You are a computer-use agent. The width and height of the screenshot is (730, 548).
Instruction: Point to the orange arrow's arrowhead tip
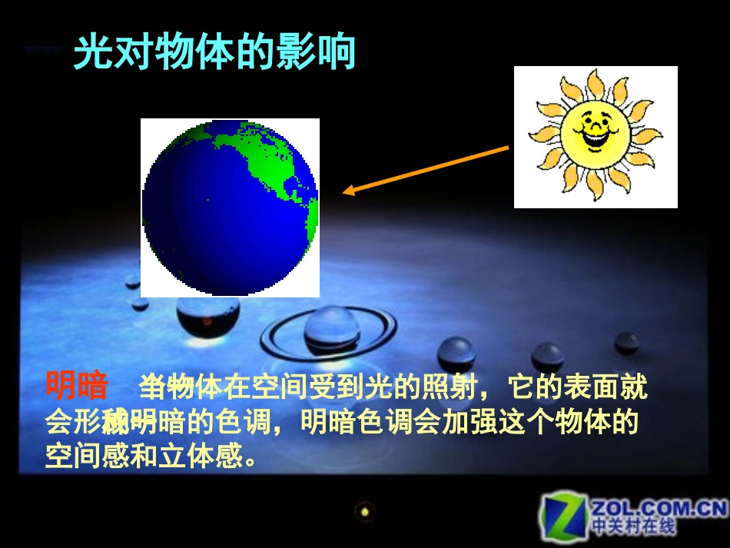click(343, 193)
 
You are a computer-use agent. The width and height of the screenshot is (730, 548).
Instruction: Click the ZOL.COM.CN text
click(658, 508)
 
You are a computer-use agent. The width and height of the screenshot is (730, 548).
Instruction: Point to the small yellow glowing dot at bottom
click(365, 510)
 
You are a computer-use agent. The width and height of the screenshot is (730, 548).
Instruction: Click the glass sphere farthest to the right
click(627, 343)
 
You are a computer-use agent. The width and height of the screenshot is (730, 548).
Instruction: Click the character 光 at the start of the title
click(92, 53)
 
